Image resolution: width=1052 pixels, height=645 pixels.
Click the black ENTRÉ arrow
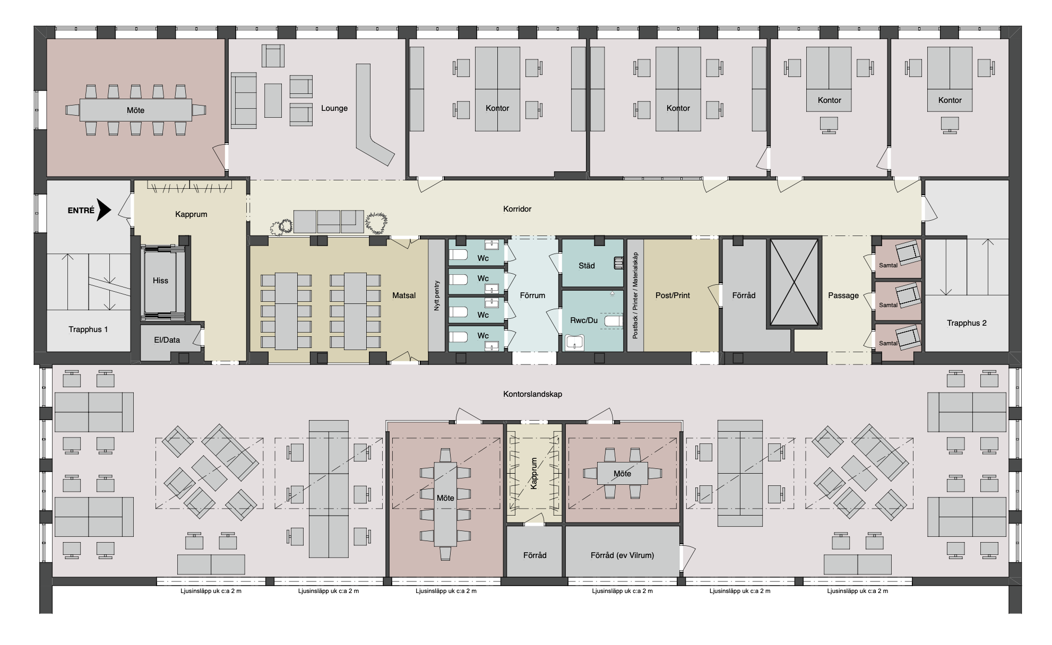point(104,210)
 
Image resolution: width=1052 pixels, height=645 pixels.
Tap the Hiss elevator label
point(160,281)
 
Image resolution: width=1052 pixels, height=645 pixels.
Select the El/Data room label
point(167,339)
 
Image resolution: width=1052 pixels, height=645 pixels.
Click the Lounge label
point(334,108)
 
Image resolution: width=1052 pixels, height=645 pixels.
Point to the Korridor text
point(518,209)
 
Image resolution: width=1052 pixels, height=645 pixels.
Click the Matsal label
point(404,295)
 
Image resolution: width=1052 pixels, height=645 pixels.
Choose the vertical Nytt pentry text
point(437,295)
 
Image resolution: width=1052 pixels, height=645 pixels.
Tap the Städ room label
point(587,266)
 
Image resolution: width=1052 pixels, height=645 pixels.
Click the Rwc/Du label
point(584,320)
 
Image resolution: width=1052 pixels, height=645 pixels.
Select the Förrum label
point(532,295)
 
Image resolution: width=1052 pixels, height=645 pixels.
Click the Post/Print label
point(672,295)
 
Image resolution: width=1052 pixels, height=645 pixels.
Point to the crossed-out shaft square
point(794,282)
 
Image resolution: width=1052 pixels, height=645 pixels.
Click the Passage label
point(843,295)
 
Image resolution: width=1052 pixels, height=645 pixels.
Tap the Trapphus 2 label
point(967,323)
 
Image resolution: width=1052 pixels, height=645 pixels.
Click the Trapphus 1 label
point(88,329)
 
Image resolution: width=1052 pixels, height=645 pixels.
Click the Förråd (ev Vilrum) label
point(622,555)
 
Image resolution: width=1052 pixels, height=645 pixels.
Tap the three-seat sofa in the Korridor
point(325,221)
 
